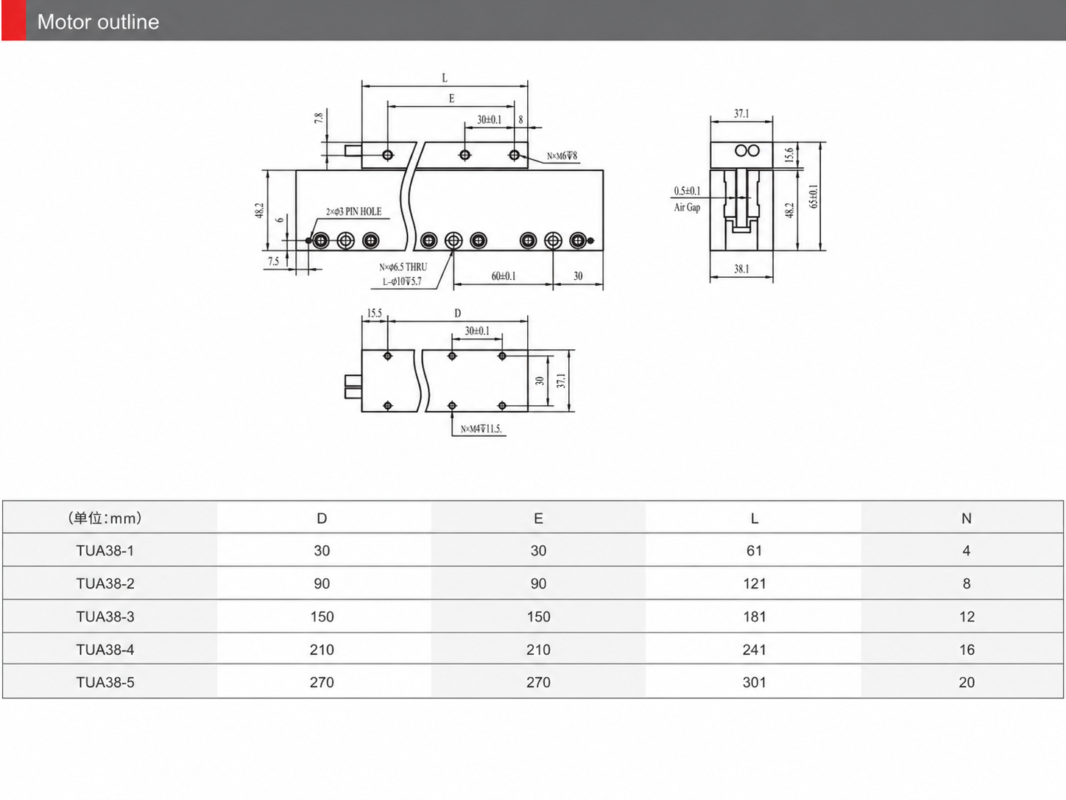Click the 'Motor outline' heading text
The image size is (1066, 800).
(98, 22)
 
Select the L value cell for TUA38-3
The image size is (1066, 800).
(754, 617)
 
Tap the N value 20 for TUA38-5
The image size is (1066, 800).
(967, 682)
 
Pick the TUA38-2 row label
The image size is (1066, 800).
(105, 583)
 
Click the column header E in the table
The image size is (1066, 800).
(538, 519)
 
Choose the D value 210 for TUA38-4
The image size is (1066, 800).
(322, 650)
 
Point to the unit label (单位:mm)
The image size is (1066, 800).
(105, 518)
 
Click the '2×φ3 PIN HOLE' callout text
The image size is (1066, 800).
(353, 211)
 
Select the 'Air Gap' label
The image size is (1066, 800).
(687, 208)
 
